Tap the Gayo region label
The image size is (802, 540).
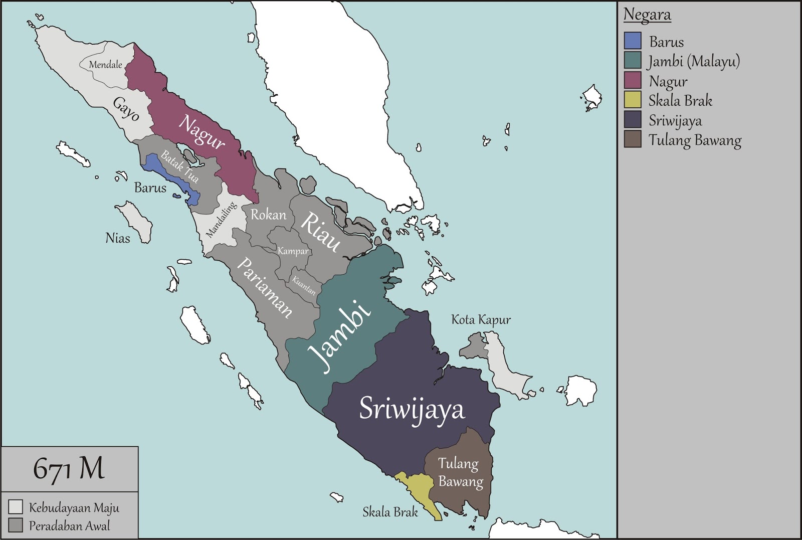(126, 109)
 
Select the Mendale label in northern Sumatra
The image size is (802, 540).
(105, 65)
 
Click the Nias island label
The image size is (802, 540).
(118, 238)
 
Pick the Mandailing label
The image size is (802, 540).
(221, 219)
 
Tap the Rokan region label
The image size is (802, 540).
(269, 215)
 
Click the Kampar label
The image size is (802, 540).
(293, 251)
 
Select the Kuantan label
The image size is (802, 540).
(304, 286)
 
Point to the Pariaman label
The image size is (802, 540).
(264, 288)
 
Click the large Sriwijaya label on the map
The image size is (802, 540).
(412, 410)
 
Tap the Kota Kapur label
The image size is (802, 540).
(481, 320)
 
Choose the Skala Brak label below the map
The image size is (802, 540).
(390, 512)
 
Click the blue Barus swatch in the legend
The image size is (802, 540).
(633, 41)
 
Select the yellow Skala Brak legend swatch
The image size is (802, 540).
(633, 100)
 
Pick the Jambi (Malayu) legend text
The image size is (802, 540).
(694, 61)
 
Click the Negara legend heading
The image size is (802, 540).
(647, 15)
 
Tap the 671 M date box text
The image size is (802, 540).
(69, 469)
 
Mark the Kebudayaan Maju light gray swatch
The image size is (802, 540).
(16, 507)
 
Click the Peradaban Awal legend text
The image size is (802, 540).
(69, 526)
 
